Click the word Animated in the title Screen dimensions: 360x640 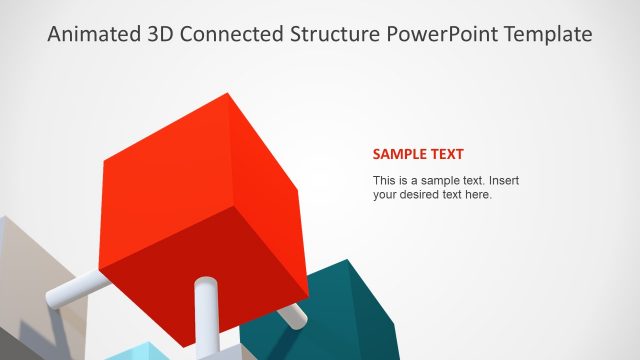(92, 34)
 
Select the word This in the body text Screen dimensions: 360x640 (385, 181)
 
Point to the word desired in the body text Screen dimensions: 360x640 (423, 195)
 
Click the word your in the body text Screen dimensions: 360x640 (385, 195)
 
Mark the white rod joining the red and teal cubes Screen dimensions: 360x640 (292, 315)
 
